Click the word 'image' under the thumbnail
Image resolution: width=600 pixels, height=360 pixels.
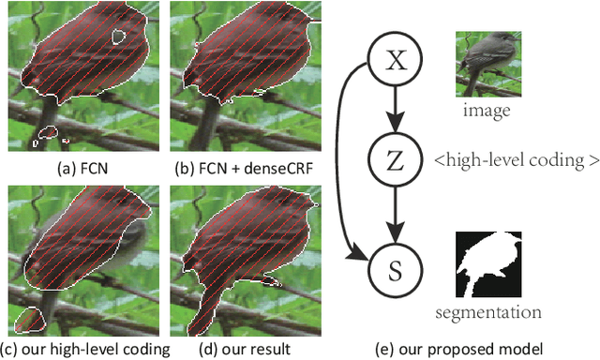coord(487,111)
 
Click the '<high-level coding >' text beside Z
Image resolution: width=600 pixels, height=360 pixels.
coord(516,159)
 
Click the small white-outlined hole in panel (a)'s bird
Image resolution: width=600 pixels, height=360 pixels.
coord(118,37)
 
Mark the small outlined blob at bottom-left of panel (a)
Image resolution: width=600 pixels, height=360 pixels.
coord(47,136)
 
